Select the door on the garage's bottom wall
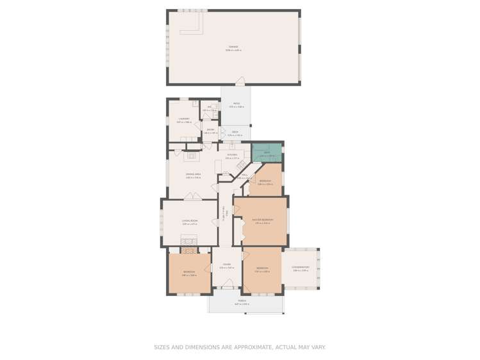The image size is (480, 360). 240,81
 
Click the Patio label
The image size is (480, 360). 236,104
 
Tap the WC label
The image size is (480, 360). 209,108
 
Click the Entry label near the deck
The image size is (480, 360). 210,129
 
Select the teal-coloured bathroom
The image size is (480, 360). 267,153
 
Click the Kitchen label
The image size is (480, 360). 232,155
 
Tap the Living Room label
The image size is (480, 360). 190,221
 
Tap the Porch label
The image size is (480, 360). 242,300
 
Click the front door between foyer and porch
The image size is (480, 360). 228,284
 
